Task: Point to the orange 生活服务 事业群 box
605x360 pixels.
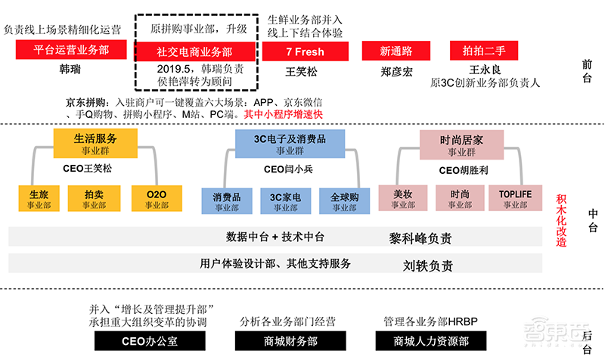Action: click(95, 143)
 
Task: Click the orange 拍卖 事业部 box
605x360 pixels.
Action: click(95, 199)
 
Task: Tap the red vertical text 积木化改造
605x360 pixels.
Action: click(561, 219)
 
